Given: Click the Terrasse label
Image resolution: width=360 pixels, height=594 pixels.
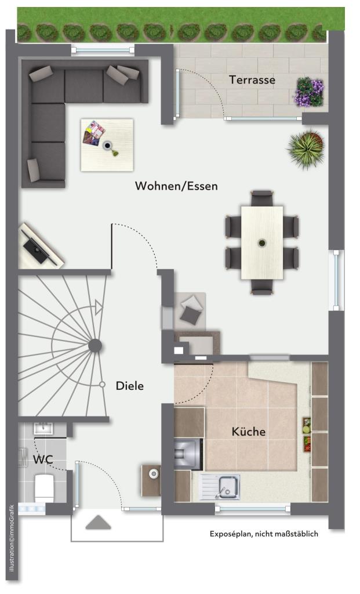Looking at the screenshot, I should click(x=252, y=80).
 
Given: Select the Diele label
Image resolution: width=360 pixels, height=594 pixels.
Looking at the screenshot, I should click(x=129, y=386).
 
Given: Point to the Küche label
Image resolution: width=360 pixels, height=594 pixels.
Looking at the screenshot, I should click(x=249, y=432).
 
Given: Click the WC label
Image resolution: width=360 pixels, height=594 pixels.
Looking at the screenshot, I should click(x=43, y=460).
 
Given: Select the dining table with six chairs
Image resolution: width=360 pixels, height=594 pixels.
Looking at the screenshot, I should click(x=262, y=242).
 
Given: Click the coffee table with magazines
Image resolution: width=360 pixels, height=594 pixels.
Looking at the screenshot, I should click(x=107, y=144).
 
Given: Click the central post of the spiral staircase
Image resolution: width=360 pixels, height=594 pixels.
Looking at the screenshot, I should click(x=94, y=346).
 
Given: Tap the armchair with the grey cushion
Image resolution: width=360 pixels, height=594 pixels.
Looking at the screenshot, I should click(x=191, y=310).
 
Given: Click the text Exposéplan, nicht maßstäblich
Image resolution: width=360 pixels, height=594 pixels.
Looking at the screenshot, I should click(x=264, y=534).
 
